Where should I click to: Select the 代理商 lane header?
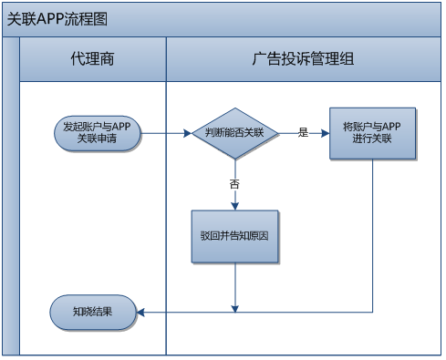pyautogui.click(x=92, y=59)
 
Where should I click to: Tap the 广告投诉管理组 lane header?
pyautogui.click(x=303, y=59)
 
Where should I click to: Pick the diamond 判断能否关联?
pyautogui.click(x=234, y=133)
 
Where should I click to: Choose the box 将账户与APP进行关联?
pyautogui.click(x=372, y=133)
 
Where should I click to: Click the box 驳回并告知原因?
pyautogui.click(x=234, y=235)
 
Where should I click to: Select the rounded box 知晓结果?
pyautogui.click(x=93, y=312)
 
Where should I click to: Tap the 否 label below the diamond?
pyautogui.click(x=234, y=185)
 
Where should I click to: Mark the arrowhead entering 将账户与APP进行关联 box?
pyautogui.click(x=325, y=133)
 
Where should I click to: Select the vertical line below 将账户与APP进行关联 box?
pyautogui.click(x=372, y=237)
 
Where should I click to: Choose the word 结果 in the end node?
pyautogui.click(x=104, y=312)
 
